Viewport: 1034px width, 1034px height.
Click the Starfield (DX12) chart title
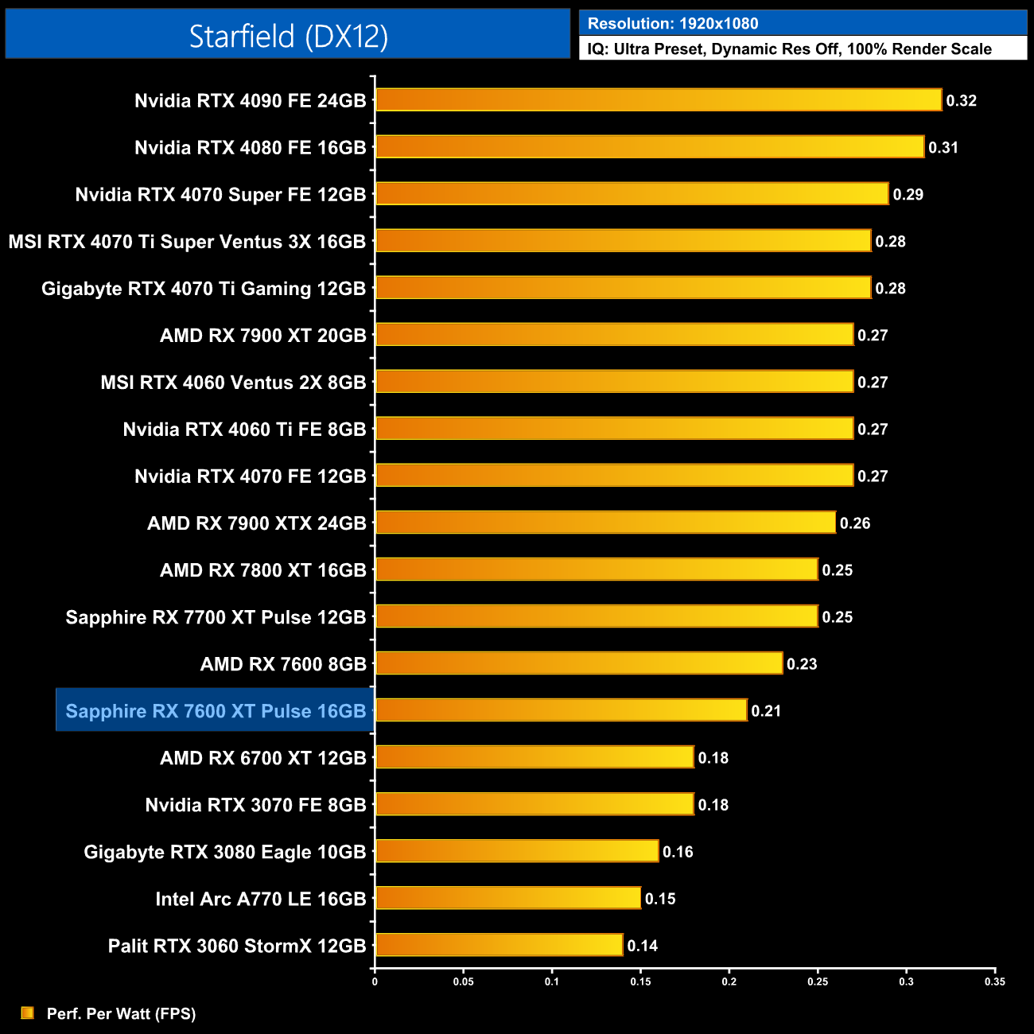pyautogui.click(x=288, y=36)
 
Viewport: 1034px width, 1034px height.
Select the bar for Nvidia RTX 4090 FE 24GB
pyautogui.click(x=659, y=100)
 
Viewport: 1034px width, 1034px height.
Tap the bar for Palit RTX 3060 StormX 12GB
pyautogui.click(x=499, y=945)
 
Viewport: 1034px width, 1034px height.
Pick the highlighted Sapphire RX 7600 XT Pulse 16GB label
pyautogui.click(x=216, y=711)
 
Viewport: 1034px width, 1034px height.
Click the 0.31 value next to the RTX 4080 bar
pyautogui.click(x=943, y=148)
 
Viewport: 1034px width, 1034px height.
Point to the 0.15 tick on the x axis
pyautogui.click(x=640, y=982)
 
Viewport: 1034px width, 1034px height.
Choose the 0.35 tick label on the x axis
pyautogui.click(x=994, y=982)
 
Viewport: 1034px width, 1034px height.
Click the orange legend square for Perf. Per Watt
pyautogui.click(x=28, y=1013)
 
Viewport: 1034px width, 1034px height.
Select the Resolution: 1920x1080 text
pyautogui.click(x=673, y=24)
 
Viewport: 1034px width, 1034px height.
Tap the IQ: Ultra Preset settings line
pyautogui.click(x=789, y=49)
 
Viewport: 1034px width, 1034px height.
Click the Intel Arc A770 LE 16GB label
pyautogui.click(x=261, y=899)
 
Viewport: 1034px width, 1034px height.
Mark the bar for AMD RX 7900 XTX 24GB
pyautogui.click(x=605, y=523)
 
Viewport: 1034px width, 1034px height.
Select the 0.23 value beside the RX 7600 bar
pyautogui.click(x=802, y=664)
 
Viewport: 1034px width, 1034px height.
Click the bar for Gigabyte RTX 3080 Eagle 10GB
pyautogui.click(x=517, y=851)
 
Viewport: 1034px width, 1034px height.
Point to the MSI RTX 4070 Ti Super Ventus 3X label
pyautogui.click(x=187, y=242)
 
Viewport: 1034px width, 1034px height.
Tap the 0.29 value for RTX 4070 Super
pyautogui.click(x=908, y=195)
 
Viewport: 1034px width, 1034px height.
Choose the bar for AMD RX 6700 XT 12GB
pyautogui.click(x=534, y=757)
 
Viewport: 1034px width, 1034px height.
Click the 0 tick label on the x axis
pyautogui.click(x=375, y=982)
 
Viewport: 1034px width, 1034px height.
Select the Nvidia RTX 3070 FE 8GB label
pyautogui.click(x=255, y=805)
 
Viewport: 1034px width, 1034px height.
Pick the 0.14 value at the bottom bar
pyautogui.click(x=643, y=946)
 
